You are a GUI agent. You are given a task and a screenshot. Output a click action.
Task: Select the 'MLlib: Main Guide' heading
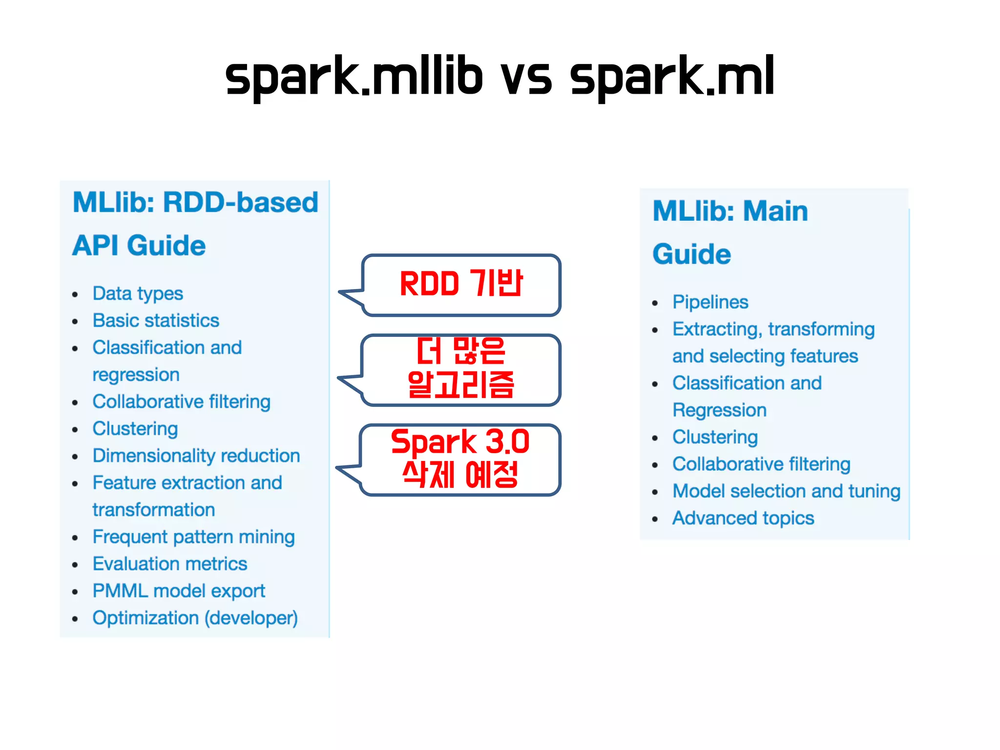point(730,232)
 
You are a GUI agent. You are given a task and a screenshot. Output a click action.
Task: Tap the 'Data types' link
point(138,293)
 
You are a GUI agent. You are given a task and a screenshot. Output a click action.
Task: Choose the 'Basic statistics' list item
point(156,321)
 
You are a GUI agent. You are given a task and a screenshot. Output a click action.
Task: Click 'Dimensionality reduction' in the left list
point(196,456)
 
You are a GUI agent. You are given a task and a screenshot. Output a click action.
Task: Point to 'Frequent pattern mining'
point(193,537)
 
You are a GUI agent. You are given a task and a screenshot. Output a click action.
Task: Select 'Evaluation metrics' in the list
point(170,564)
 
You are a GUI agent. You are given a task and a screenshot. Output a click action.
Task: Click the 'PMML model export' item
point(179,591)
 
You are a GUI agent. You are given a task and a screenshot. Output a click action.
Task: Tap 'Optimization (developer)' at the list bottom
point(195,618)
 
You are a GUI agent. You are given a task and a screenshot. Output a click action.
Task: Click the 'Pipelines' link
point(710,302)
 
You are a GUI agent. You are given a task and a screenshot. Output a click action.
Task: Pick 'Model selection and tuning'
point(786,491)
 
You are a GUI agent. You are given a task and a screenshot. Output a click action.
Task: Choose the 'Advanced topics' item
point(743,518)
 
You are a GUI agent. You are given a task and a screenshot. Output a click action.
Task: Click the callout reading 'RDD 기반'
point(461,285)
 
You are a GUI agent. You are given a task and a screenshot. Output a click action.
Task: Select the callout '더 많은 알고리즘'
point(461,370)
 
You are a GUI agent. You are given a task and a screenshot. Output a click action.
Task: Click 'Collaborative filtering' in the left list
point(181,402)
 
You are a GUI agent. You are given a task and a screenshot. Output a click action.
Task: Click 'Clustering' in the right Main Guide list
point(715,437)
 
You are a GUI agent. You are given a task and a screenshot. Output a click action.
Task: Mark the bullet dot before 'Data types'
point(75,295)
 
